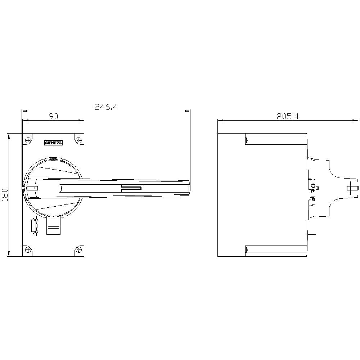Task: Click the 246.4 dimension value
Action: click(106, 107)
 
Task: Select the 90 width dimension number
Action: click(53, 116)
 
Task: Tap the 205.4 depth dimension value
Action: click(288, 116)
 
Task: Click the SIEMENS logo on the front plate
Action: click(53, 143)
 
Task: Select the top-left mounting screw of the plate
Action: click(28, 140)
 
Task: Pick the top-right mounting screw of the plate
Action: click(79, 140)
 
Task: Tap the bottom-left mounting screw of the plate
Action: click(28, 249)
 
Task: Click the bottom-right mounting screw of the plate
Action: click(79, 249)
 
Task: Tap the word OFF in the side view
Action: click(311, 191)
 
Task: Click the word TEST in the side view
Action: click(311, 199)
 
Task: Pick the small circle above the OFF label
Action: click(313, 186)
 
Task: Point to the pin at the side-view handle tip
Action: click(352, 188)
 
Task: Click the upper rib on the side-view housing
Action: click(275, 141)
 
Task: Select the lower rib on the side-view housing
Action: click(275, 249)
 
